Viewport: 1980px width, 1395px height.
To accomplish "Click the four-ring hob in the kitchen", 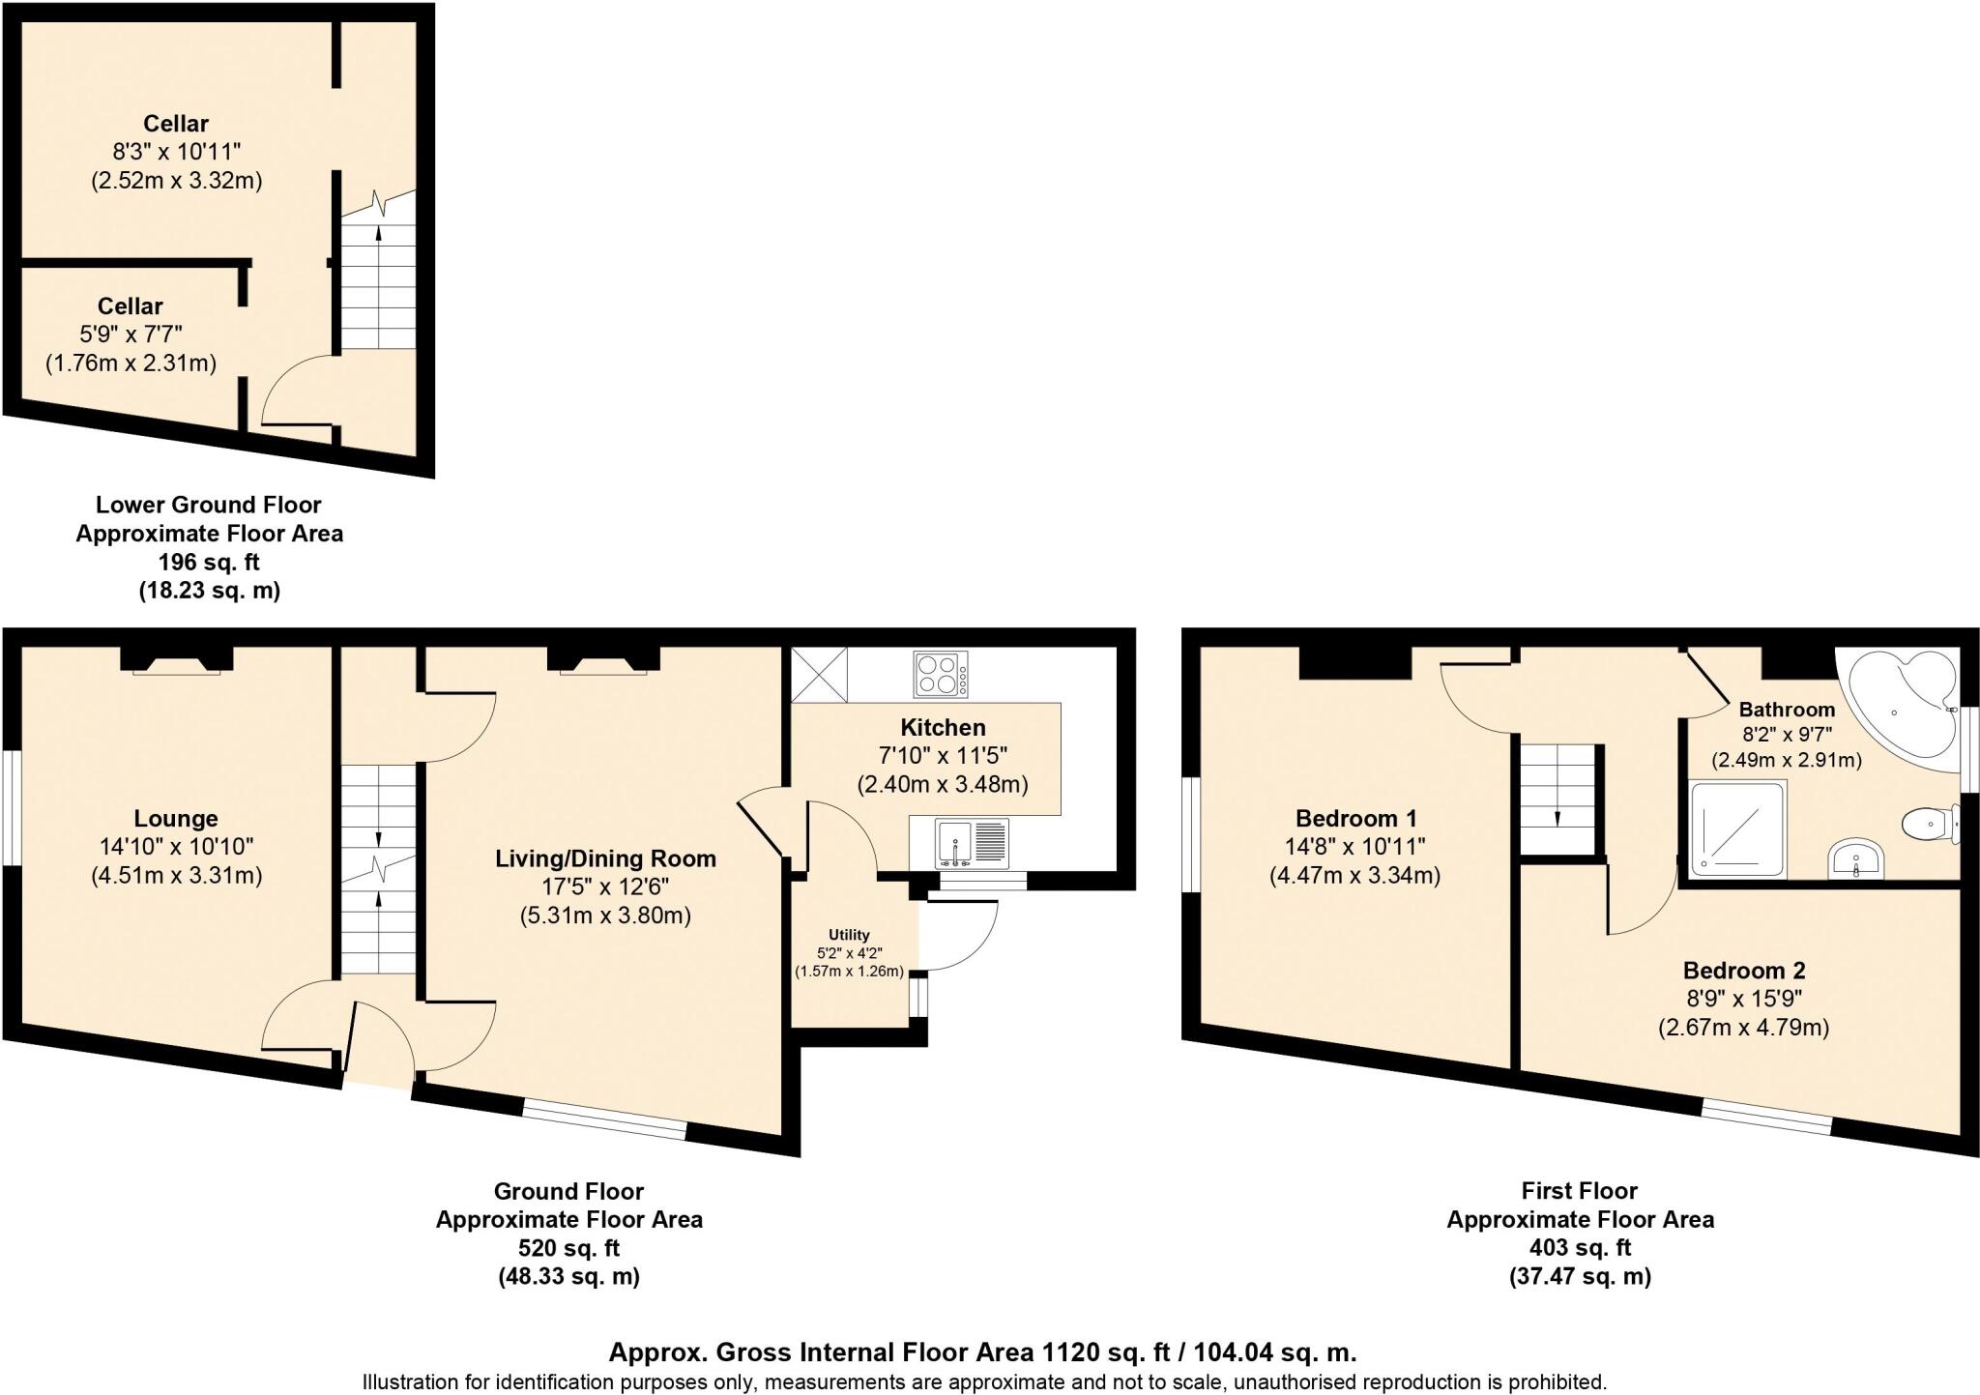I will tap(941, 675).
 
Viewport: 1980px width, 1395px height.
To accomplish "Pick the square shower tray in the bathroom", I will tap(1737, 829).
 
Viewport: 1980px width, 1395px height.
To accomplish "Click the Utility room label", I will tap(848, 935).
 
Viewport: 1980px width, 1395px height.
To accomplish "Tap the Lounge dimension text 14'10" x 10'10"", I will tap(176, 847).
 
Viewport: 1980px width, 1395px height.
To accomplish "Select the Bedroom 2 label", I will tap(1743, 971).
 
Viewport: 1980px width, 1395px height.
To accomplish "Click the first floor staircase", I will tap(1558, 799).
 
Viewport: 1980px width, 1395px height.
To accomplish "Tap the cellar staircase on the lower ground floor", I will tap(378, 280).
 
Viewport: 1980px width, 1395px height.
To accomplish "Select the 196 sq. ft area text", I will tap(209, 562).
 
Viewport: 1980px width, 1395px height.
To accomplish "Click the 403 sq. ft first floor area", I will tap(1580, 1247).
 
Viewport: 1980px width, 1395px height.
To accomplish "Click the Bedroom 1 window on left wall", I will tap(1191, 834).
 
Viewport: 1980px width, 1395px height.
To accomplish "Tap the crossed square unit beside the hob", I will tap(818, 674).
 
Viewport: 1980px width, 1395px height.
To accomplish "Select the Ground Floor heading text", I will tap(568, 1191).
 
